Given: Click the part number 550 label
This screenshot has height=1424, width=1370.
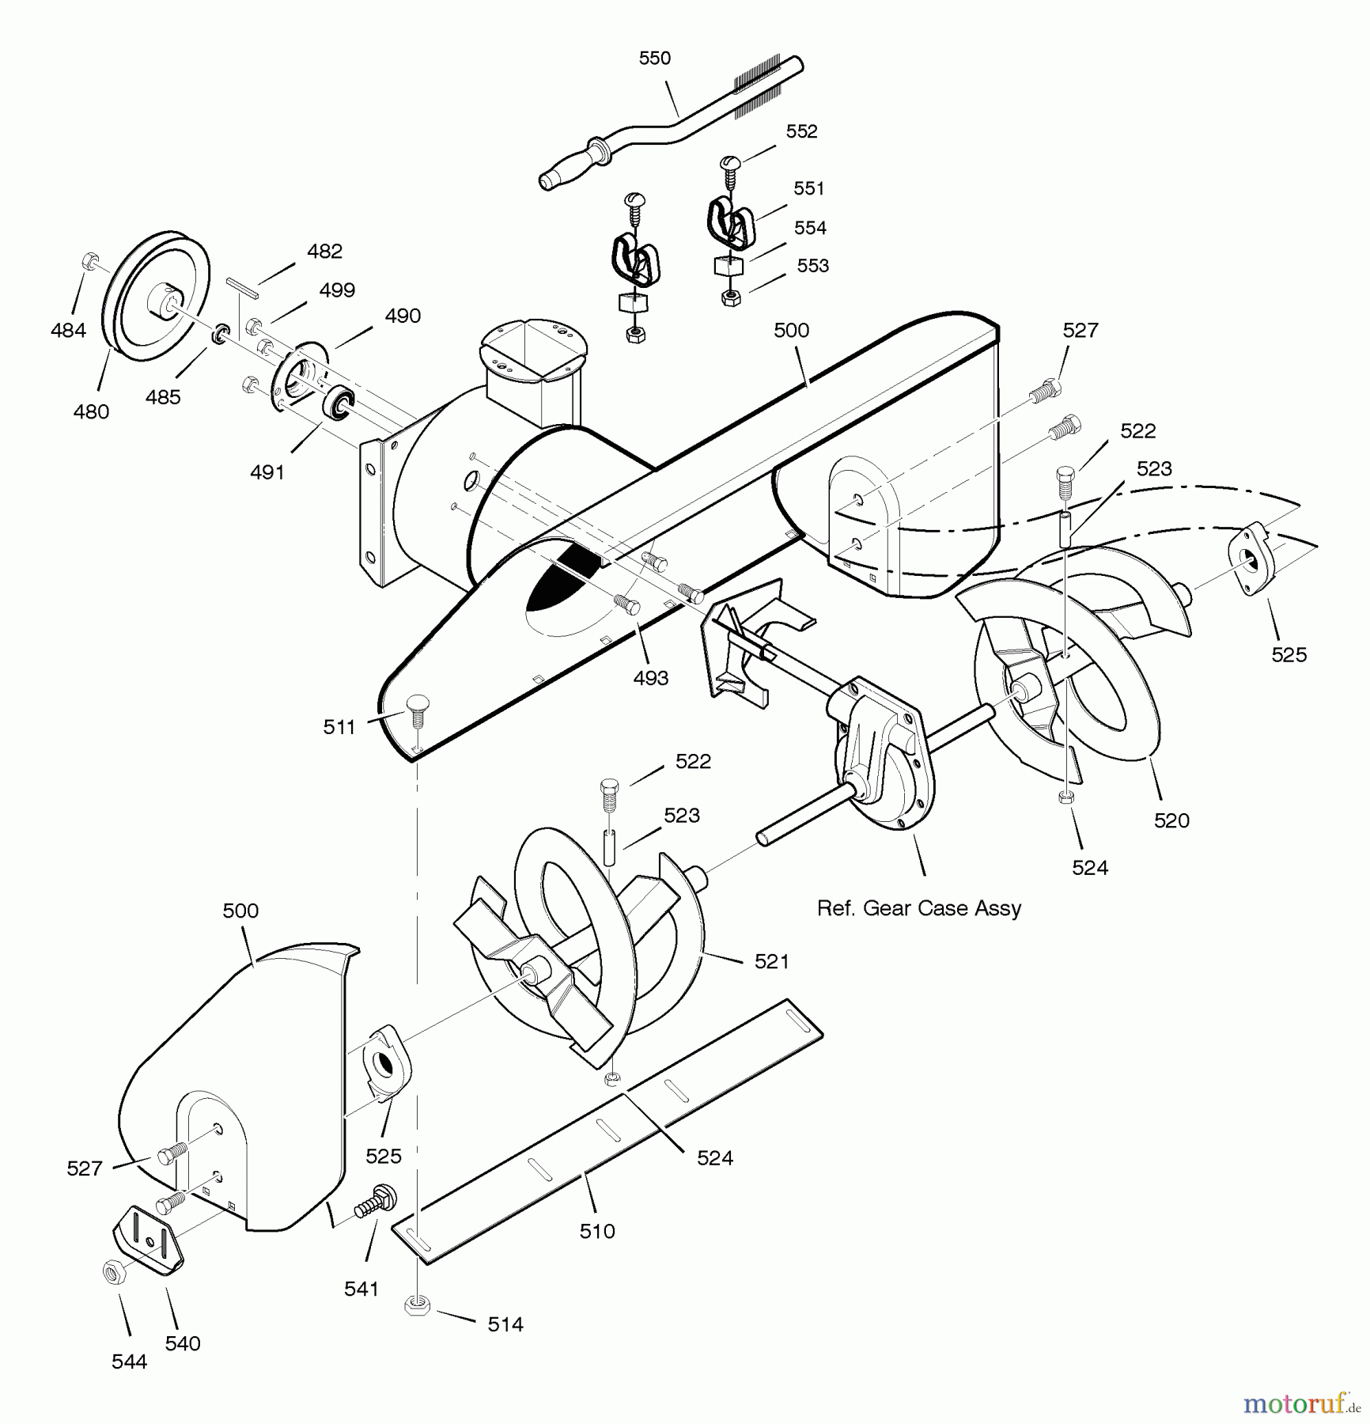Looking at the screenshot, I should tap(654, 58).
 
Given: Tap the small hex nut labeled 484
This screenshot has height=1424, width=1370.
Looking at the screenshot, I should tap(89, 261).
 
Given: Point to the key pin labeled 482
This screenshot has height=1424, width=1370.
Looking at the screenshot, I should tap(242, 287).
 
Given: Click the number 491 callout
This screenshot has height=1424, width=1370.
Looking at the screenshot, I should tap(267, 472).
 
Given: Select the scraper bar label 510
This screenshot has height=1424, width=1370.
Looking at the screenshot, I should tap(596, 1231).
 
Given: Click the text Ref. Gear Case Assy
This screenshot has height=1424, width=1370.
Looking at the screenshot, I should tap(918, 908).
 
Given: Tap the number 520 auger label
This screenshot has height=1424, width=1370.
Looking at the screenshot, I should tap(1171, 820).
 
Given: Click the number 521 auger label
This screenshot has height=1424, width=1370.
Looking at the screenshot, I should tap(771, 961).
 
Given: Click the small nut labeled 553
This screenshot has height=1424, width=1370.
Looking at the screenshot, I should tap(732, 298).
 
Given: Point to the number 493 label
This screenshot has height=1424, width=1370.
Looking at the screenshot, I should tap(650, 678).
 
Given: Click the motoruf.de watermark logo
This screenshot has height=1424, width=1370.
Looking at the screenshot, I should tap(1300, 1403).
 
